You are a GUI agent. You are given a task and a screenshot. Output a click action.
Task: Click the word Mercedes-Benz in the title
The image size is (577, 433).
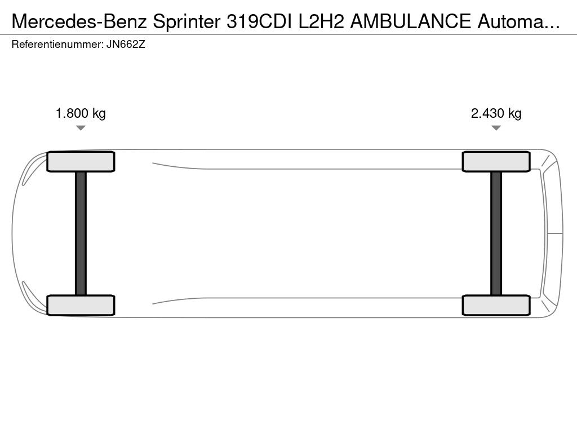[x=79, y=21]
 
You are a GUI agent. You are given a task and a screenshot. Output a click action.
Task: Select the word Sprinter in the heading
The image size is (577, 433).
[x=187, y=21]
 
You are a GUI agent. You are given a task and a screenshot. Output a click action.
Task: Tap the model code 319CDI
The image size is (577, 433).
[x=259, y=21]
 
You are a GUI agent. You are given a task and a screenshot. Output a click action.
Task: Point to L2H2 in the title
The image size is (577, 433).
[x=321, y=21]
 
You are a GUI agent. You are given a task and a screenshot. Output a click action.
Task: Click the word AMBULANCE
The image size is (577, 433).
[x=410, y=21]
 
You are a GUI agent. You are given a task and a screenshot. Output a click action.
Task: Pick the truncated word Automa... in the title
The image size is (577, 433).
[x=518, y=21]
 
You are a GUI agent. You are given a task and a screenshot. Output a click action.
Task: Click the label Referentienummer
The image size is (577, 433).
[x=57, y=45]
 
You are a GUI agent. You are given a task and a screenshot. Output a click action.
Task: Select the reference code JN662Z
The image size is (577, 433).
[x=126, y=45]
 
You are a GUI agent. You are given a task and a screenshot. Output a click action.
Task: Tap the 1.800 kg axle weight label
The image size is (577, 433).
[x=81, y=113]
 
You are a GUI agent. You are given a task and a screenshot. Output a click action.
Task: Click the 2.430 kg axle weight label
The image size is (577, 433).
[x=496, y=113]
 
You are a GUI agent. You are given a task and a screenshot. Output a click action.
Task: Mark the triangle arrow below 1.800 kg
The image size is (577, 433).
[x=81, y=128]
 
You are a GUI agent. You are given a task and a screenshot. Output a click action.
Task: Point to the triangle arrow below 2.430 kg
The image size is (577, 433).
[x=496, y=128]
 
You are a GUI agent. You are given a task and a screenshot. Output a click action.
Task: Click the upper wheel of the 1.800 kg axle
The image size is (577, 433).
[x=81, y=162]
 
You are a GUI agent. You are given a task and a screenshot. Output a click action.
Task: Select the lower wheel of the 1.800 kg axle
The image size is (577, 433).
[x=81, y=305]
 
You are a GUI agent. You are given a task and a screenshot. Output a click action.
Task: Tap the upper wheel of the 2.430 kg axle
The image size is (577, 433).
[x=496, y=162]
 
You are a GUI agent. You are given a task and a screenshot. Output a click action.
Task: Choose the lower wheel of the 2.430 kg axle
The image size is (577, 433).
[x=496, y=305]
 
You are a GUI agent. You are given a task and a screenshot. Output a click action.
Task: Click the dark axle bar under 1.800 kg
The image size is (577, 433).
[x=81, y=233]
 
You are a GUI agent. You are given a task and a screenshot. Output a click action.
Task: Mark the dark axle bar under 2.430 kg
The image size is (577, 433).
[x=496, y=233]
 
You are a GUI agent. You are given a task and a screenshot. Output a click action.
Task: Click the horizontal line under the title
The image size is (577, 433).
[x=288, y=34]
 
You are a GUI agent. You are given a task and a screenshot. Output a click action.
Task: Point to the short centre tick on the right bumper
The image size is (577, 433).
[x=555, y=233]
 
